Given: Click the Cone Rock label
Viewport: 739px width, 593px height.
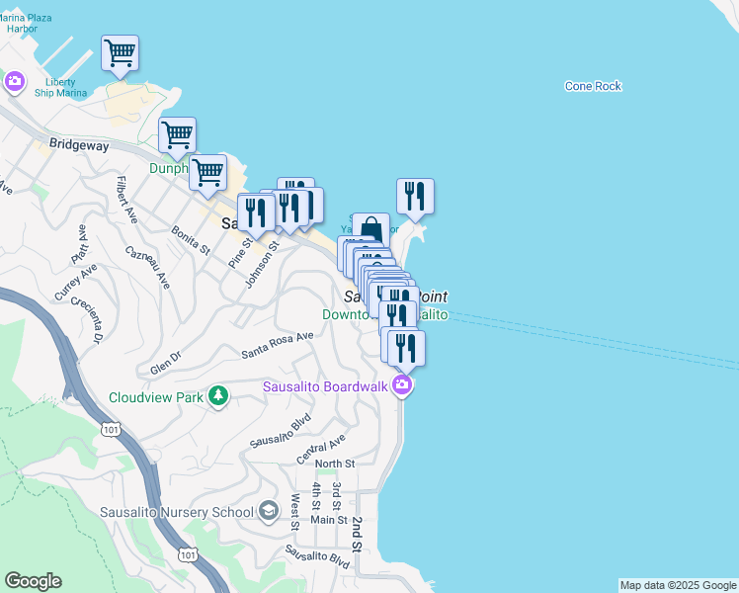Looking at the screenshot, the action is pos(593,86).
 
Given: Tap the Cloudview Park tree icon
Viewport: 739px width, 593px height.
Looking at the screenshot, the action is pos(217,397).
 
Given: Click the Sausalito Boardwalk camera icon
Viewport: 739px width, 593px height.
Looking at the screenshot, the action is pos(401,385).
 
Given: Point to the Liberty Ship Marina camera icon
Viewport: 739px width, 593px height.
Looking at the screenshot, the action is pos(14,81).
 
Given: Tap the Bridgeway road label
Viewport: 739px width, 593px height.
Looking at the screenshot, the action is pos(78,144).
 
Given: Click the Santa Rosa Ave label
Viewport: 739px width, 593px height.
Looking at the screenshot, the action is pos(278,344).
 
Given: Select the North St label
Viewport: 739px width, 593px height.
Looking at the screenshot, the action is pos(334,464).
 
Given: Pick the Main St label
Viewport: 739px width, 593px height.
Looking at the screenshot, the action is pos(329,519).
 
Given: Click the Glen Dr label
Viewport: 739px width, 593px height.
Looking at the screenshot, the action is pos(165,362).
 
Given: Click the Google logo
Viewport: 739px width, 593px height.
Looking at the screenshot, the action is pos(33,581).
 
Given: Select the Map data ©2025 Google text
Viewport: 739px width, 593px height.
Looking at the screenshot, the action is pos(677,585).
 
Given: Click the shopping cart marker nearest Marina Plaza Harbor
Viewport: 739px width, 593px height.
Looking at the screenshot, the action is pos(120,52).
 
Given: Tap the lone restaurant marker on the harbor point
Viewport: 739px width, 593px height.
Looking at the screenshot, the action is pos(415,196).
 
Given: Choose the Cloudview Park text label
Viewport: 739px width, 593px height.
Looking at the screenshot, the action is pos(156,397).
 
